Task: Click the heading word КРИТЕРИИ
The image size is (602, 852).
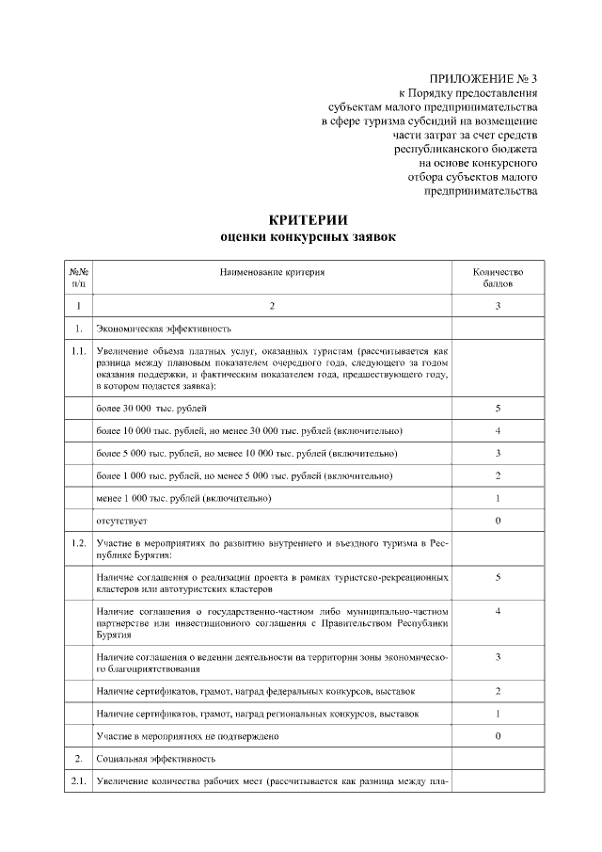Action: tap(301, 219)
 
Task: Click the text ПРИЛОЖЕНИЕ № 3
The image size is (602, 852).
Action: tap(483, 78)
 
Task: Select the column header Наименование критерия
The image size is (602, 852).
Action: tap(272, 272)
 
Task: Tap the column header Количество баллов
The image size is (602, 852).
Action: tap(497, 278)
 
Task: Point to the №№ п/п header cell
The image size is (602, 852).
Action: tap(79, 278)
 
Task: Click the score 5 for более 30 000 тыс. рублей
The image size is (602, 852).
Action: tap(497, 409)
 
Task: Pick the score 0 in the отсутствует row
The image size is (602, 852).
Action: tap(497, 520)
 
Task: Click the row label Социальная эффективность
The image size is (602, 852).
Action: tap(156, 757)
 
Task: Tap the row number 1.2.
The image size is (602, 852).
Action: tap(79, 543)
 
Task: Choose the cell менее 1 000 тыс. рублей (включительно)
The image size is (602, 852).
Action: tap(183, 497)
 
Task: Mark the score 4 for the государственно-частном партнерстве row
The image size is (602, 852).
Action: tap(497, 612)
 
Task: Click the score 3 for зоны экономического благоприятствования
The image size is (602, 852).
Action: tap(497, 656)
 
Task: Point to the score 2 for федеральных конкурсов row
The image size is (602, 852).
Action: tap(497, 691)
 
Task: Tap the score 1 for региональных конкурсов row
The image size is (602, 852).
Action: tap(497, 713)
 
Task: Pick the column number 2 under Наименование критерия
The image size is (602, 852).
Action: tap(272, 307)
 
